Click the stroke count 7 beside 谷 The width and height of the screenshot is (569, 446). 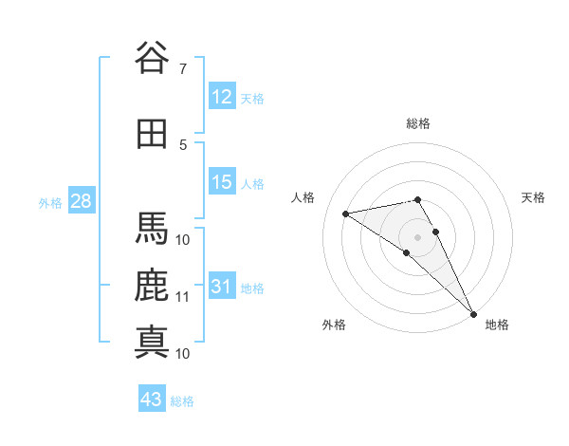[182, 69]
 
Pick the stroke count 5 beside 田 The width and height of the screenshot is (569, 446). [183, 144]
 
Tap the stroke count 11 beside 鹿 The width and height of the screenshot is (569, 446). [183, 296]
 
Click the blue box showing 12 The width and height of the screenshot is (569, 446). [222, 97]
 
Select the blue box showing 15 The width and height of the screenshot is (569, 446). [222, 182]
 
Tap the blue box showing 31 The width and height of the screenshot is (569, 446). [222, 287]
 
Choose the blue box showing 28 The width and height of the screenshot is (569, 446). [81, 201]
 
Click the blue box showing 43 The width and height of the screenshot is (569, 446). [152, 400]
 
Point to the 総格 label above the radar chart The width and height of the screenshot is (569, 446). [418, 123]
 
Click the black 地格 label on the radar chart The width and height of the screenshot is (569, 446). [497, 325]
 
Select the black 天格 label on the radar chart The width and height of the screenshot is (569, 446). [534, 197]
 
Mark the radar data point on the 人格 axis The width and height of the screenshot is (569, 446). [346, 214]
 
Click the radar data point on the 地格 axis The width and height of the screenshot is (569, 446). [473, 313]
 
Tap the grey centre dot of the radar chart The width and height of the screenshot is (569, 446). [418, 236]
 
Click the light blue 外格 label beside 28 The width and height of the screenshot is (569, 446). [50, 202]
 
